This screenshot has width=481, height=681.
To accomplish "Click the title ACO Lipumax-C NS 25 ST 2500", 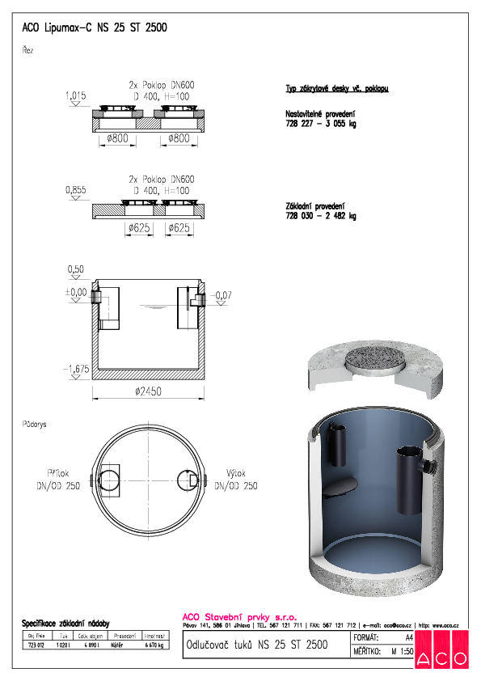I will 95,27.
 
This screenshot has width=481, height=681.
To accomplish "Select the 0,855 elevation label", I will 74,190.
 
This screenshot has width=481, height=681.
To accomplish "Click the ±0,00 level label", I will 76,292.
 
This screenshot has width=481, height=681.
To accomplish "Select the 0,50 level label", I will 76,269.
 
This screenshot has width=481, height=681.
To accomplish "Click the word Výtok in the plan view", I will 236,474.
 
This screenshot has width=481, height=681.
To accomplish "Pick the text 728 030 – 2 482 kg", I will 320,216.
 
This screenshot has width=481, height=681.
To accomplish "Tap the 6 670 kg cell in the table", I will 154,645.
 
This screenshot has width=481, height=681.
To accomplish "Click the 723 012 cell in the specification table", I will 36,645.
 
